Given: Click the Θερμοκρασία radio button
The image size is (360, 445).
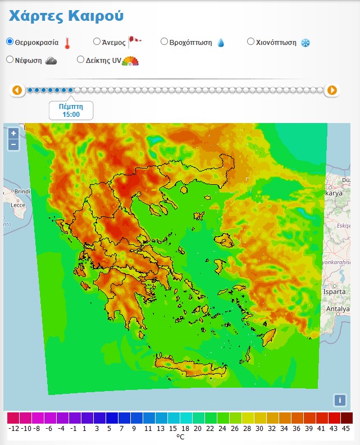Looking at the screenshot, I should click(x=10, y=42).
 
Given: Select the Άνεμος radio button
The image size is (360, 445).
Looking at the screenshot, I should click(x=97, y=41).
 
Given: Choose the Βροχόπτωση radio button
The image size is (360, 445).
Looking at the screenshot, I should click(x=164, y=41).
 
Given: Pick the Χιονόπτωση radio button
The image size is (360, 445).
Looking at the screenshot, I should click(x=251, y=41).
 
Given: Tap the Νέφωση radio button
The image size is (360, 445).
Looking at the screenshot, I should click(x=10, y=60).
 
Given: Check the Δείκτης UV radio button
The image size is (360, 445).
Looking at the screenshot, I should click(x=81, y=60).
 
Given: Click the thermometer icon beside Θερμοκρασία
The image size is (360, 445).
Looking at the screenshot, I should click(x=67, y=43).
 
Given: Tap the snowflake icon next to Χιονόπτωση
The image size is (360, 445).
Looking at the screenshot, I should click(x=306, y=43).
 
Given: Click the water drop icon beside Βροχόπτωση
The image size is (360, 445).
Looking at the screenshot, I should click(x=221, y=43).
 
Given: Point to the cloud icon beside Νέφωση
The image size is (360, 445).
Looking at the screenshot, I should click(x=51, y=61).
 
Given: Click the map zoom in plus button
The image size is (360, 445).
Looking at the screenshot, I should click(x=13, y=133).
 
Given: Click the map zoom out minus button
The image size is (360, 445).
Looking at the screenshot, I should click(x=13, y=144).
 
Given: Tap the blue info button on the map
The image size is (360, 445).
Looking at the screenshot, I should click(x=339, y=400).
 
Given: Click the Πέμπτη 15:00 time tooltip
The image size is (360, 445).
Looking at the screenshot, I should click(x=71, y=110).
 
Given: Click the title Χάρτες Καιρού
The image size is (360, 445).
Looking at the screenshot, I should click(x=66, y=16).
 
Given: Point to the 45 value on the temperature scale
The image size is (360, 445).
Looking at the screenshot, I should click(x=346, y=428).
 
